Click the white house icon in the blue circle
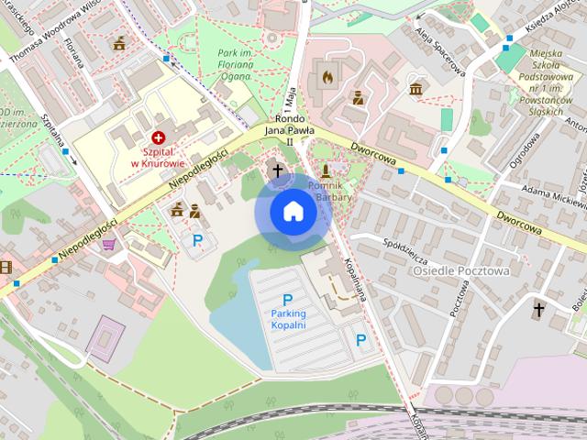[x=293, y=212]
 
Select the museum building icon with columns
[x=416, y=89]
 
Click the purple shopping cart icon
[x=109, y=244]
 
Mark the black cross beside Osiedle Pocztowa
[x=540, y=311]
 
